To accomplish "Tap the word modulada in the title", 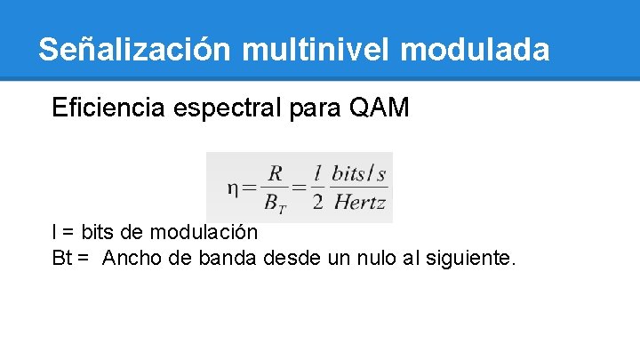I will click(476, 49).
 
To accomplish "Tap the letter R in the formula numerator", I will click(275, 172).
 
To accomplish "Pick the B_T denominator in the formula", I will click(276, 203).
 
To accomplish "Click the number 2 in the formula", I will click(317, 203).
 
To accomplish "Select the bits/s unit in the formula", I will click(359, 172).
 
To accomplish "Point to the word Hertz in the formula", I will click(359, 203).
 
